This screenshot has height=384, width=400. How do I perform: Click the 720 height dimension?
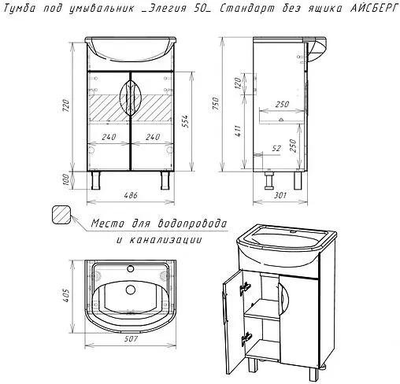coord(66,105)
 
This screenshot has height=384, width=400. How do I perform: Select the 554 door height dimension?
coord(185,121)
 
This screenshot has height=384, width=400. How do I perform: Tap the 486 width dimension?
coord(131,195)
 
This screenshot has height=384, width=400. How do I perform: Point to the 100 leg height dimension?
coord(66,179)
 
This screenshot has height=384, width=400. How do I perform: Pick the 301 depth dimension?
coord(280,195)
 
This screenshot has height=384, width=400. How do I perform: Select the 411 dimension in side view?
coord(238,131)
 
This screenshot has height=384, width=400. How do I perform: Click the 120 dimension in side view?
coord(238,83)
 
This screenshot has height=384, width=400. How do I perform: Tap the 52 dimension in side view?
coord(276,149)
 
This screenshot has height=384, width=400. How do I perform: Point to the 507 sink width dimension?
coord(131,339)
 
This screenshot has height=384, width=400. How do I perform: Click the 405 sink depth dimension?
coord(66,296)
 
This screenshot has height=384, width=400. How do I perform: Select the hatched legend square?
coord(61,214)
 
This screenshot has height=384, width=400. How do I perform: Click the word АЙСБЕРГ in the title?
coord(375,9)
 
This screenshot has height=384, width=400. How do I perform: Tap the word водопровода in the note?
coord(192,223)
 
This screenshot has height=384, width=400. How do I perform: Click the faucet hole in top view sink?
coord(131,269)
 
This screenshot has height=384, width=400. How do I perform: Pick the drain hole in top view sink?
coord(131,290)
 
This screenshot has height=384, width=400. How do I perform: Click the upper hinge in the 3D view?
coord(245,288)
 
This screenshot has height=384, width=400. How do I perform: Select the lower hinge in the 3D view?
coord(246,339)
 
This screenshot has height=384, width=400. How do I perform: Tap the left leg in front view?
coord(96,180)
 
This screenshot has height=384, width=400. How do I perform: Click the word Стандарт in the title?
coord(247,9)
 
